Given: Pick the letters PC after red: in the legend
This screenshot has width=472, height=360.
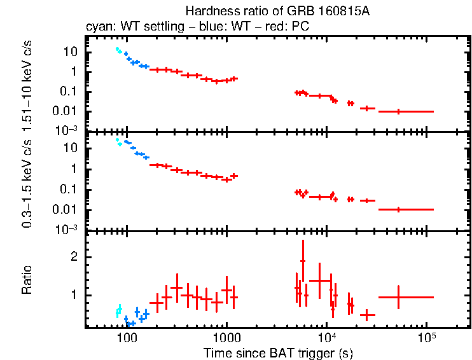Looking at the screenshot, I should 302,27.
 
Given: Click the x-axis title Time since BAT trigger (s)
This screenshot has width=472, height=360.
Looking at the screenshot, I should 278,352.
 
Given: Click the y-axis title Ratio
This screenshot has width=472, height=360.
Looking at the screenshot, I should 27,280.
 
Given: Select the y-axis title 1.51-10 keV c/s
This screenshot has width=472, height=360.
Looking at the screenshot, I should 27,84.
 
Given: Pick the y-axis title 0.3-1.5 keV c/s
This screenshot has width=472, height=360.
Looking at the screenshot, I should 27,181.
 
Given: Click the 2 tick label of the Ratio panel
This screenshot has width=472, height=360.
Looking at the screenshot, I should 74,257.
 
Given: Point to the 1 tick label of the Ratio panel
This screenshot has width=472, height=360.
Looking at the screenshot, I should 74,295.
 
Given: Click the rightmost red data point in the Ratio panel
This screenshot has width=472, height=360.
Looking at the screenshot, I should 398,297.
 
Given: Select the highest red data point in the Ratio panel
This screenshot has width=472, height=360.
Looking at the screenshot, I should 303,261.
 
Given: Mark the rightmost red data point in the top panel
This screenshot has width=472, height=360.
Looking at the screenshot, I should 398,111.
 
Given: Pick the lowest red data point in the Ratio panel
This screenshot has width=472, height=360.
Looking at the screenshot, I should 367,315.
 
